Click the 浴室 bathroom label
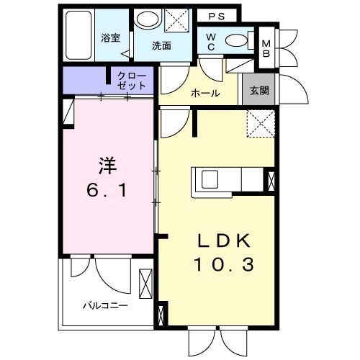110,38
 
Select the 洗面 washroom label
161,45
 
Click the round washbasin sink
147,20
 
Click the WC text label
212,41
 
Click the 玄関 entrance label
258,91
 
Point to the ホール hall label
204,93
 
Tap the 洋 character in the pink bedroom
107,165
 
